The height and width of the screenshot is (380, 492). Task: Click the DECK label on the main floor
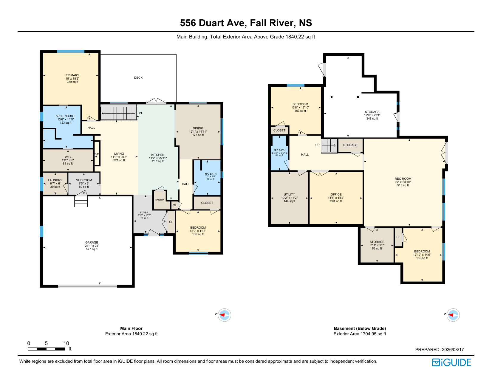pos(138,77)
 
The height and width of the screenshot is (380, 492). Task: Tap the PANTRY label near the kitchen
pos(160,200)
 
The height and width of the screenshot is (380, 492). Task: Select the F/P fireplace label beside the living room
pos(97,154)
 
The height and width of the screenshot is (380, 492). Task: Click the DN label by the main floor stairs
pos(140,113)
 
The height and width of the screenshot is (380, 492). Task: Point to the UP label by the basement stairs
pos(318,145)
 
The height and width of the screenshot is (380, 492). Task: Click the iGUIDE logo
pos(451,362)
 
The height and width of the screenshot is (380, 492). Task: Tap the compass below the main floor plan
pos(224,315)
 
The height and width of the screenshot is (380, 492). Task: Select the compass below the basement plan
pos(453,315)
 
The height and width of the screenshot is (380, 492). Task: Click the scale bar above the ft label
pos(47,349)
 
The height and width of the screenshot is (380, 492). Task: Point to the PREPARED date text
pos(439,349)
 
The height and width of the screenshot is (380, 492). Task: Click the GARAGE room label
pos(92,242)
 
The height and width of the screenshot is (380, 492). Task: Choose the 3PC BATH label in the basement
pos(279,150)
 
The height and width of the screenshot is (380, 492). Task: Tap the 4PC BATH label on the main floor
pos(211,174)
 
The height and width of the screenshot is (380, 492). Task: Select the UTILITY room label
pos(289,194)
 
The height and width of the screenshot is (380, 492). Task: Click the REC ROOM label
pos(403,179)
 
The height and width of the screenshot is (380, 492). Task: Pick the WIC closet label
pos(68,157)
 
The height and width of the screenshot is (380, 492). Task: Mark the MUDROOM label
pos(84,180)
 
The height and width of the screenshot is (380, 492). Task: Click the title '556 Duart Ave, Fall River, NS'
pos(246,23)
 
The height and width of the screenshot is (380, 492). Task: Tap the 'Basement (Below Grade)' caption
pos(360,328)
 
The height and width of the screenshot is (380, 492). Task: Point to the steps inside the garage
pos(81,201)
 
